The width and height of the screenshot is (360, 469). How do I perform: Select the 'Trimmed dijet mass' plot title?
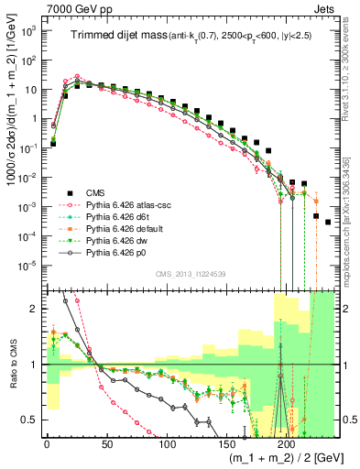(x=114, y=35)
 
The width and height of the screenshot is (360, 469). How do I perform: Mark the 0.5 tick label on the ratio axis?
(x=28, y=420)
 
